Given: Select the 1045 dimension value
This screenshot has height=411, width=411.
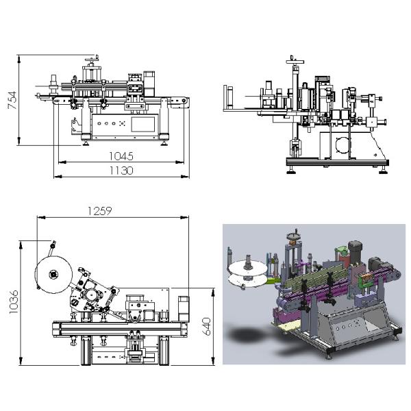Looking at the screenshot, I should pos(120,155).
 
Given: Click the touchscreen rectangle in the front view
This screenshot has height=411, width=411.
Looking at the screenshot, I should pos(142,124).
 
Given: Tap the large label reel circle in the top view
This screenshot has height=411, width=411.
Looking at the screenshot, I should pos(52,274).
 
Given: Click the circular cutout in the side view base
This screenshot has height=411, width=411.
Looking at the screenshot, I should pos(342,144).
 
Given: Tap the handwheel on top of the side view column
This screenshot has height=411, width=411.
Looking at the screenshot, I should pos(296,60).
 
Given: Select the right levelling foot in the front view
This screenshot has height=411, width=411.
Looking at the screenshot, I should pos(165,142).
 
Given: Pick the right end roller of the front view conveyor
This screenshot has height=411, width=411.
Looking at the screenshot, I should pos(184,102).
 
